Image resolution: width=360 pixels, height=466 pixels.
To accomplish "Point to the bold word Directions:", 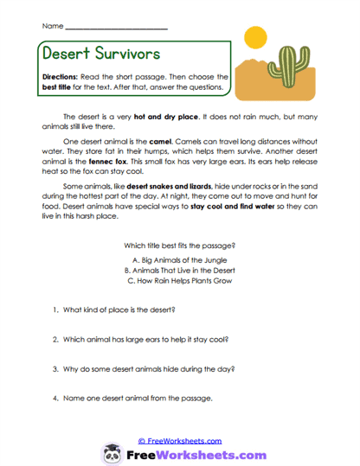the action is click(61, 75).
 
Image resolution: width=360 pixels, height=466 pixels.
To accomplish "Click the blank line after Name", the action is click(116, 29).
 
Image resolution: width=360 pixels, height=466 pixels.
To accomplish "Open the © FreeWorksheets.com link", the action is click(180, 440).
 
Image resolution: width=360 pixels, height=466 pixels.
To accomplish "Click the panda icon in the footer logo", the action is click(112, 453).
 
